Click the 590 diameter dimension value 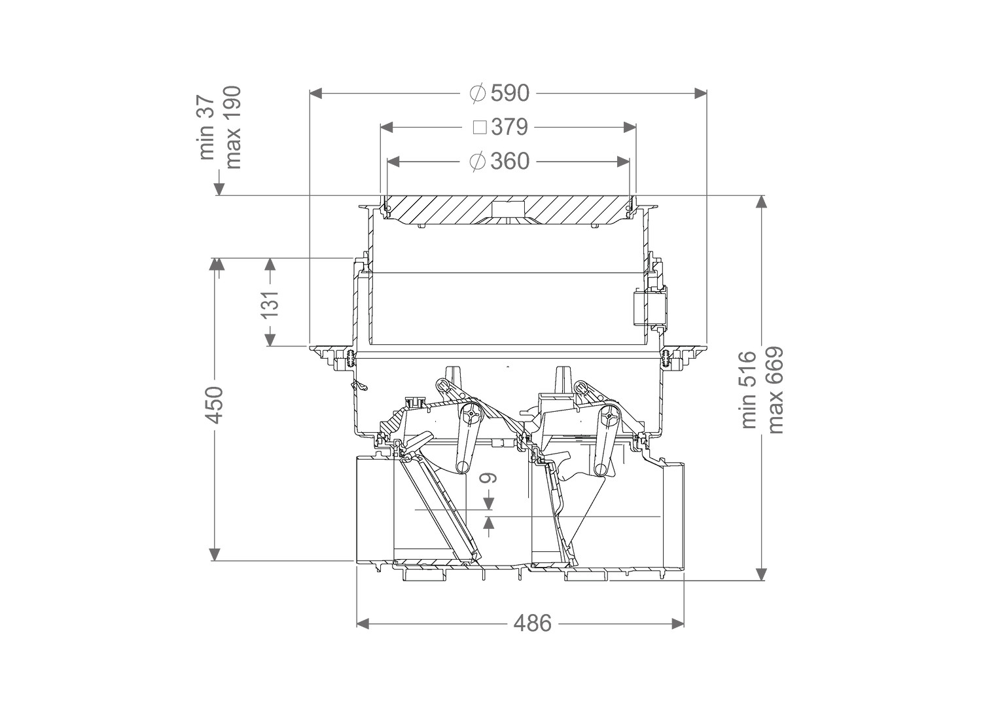pos(510,94)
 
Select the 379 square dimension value pos(509,127)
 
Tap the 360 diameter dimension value pos(510,161)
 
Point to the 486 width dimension pos(533,623)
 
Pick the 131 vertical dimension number pos(270,304)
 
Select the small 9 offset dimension pos(489,479)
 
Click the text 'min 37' pos(208,127)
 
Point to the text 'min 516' pos(749,390)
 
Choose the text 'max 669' pos(776,390)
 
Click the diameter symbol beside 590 pos(477,94)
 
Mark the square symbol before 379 pos(480,128)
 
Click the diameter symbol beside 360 pos(477,161)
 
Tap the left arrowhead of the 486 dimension pos(363,623)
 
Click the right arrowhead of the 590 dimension pos(700,94)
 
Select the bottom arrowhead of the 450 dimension pos(216,554)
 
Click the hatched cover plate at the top pos(508,210)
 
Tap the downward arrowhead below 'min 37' pos(219,189)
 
